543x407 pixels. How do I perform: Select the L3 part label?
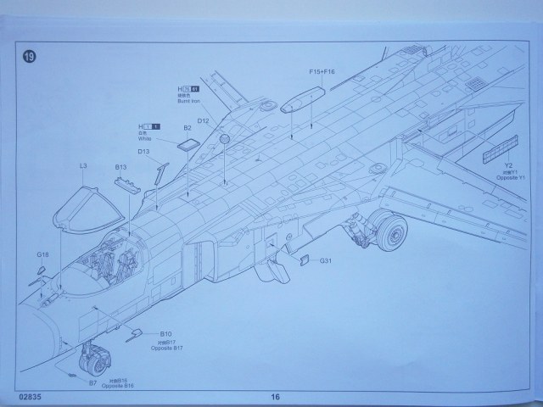83,166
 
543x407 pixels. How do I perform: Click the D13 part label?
143,153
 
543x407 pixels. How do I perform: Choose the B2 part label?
188,128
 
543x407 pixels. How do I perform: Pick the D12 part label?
204,121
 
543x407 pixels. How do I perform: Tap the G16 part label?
42,254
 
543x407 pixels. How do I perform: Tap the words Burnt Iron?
188,103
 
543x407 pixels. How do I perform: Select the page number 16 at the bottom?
274,396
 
